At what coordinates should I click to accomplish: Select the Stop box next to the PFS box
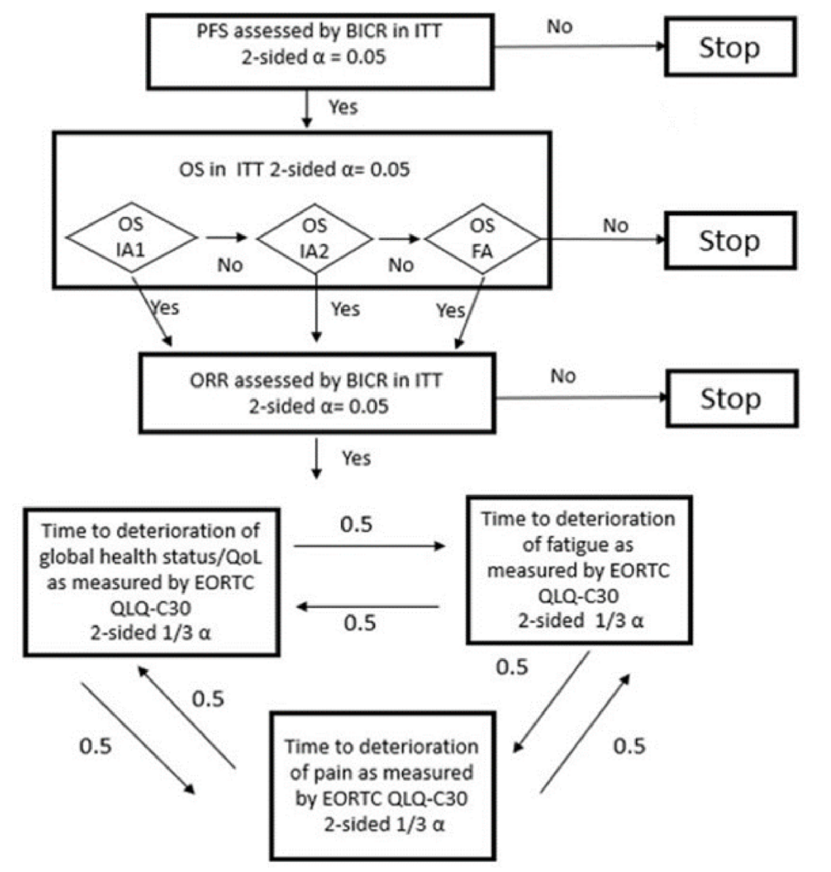pos(730,48)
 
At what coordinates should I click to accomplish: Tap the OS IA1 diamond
pos(131,237)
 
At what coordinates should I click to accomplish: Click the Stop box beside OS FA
pos(730,241)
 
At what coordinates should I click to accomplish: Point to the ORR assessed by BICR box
pos(317,393)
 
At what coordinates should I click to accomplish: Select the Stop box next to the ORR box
pos(731,398)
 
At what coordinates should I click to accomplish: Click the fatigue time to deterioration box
pos(579,570)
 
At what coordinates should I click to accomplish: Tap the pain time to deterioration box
pos(381,785)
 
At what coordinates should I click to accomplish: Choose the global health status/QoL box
pos(151,582)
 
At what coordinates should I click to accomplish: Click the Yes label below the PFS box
pos(343,108)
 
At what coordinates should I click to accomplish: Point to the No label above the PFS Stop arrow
pos(559,27)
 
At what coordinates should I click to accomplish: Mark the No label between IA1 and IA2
pos(230,265)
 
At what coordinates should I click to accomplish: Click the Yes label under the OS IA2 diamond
pos(345,309)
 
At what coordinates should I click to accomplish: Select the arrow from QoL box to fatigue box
pos(369,546)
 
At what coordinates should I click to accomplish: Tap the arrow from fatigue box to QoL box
pos(369,607)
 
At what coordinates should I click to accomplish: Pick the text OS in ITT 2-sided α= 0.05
pos(294,170)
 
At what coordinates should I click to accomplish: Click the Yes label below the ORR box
pos(356,458)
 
